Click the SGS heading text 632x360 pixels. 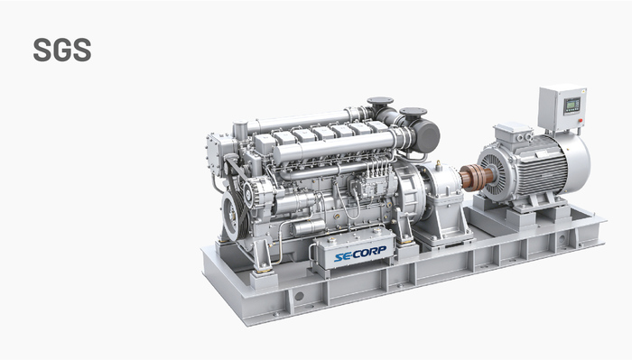[x=62, y=50]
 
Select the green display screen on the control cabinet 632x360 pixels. [x=572, y=104]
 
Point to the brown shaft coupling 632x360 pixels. [x=476, y=177]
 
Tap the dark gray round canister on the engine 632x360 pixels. [x=426, y=136]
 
